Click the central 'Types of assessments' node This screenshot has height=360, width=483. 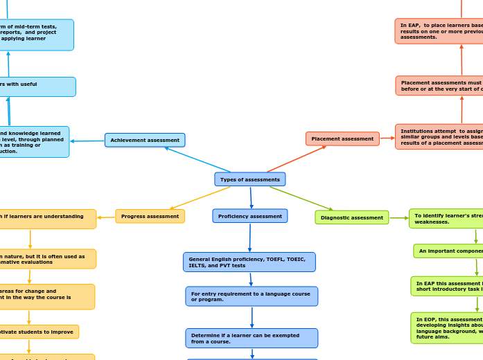tap(249, 179)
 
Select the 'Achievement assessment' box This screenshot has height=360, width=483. tap(145, 140)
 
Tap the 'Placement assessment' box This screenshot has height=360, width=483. tap(342, 138)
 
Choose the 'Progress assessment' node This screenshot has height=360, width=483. tap(150, 216)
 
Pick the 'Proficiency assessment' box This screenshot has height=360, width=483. tap(249, 216)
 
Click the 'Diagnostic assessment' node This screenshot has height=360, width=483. tap(351, 217)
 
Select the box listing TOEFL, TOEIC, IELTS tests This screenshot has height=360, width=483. tap(249, 262)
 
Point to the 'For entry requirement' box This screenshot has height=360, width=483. tap(252, 296)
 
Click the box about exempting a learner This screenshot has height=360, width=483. tap(252, 338)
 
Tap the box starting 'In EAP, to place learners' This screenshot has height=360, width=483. tap(439, 31)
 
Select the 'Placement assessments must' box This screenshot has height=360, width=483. tap(439, 85)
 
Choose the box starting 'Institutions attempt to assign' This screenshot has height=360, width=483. tap(439, 136)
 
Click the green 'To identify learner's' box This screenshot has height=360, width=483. tap(446, 219)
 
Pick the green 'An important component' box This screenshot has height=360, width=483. tap(448, 251)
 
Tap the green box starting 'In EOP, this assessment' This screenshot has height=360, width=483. tap(447, 327)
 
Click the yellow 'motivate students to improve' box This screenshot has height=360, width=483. tap(38, 332)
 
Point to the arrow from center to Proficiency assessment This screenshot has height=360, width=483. tap(251, 197)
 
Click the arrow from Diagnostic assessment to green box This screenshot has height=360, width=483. tap(398, 218)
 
